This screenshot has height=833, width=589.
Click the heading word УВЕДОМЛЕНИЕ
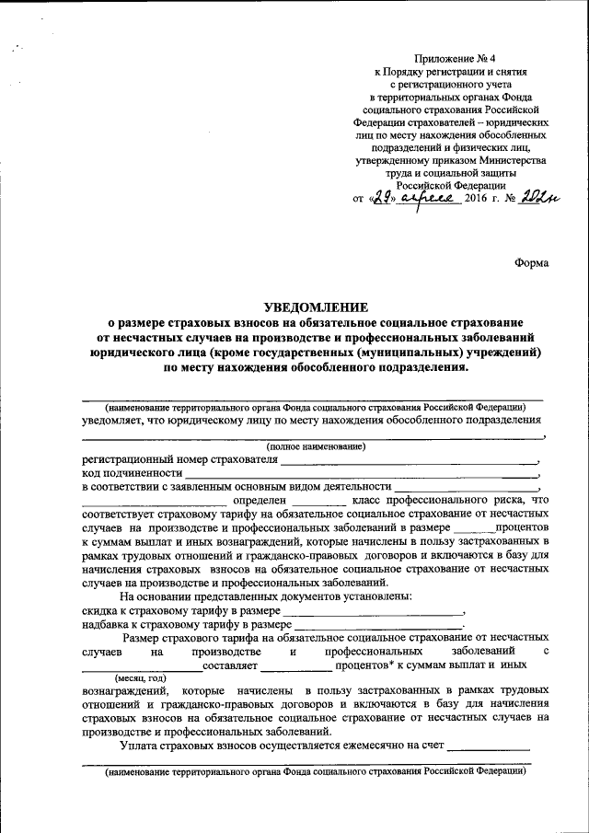coord(316,307)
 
